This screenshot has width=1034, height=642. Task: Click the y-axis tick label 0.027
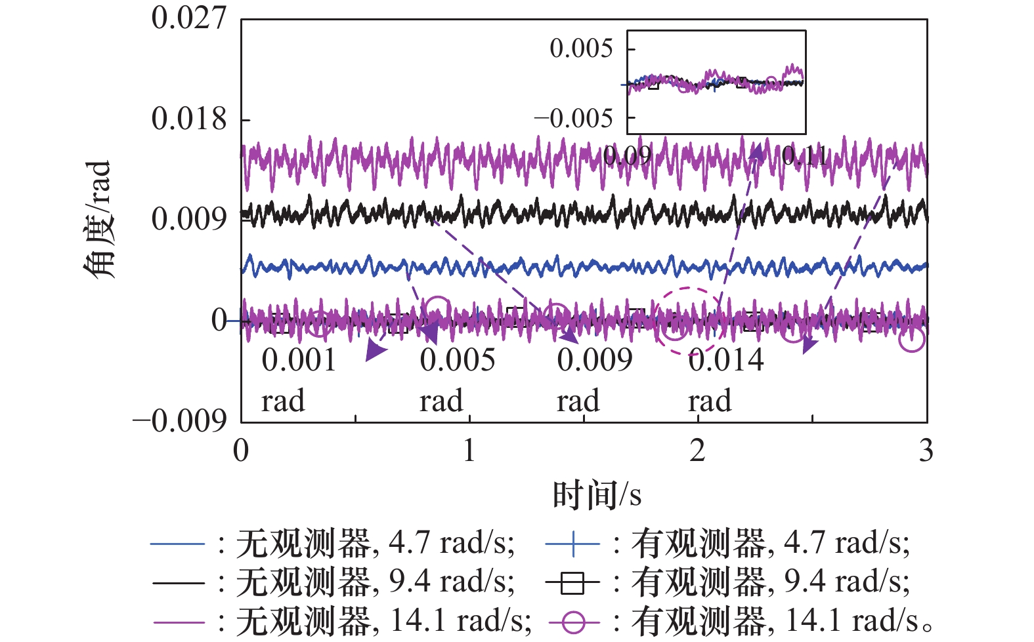pyautogui.click(x=188, y=18)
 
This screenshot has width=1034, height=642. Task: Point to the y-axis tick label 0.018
pyautogui.click(x=188, y=119)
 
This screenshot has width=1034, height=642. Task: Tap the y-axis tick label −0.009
pyautogui.click(x=180, y=421)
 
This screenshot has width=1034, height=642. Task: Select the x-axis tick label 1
pyautogui.click(x=469, y=451)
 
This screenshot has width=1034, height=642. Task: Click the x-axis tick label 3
pyautogui.click(x=926, y=451)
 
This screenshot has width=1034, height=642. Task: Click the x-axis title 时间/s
pyautogui.click(x=596, y=495)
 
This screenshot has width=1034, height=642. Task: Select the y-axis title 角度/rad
pyautogui.click(x=98, y=220)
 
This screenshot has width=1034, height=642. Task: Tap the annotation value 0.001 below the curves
pyautogui.click(x=299, y=361)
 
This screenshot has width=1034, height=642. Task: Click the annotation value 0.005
pyautogui.click(x=458, y=361)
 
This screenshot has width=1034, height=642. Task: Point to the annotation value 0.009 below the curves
pyautogui.click(x=595, y=361)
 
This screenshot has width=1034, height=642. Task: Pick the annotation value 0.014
pyautogui.click(x=726, y=361)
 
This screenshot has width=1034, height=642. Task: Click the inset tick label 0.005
pyautogui.click(x=580, y=49)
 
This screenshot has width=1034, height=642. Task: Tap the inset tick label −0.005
pyautogui.click(x=572, y=119)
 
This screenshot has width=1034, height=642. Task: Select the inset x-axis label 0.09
pyautogui.click(x=627, y=156)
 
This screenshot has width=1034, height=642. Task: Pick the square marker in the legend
pyautogui.click(x=572, y=582)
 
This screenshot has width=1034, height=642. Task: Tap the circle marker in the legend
pyautogui.click(x=572, y=621)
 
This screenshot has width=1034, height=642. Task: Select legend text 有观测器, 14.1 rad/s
pyautogui.click(x=775, y=621)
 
